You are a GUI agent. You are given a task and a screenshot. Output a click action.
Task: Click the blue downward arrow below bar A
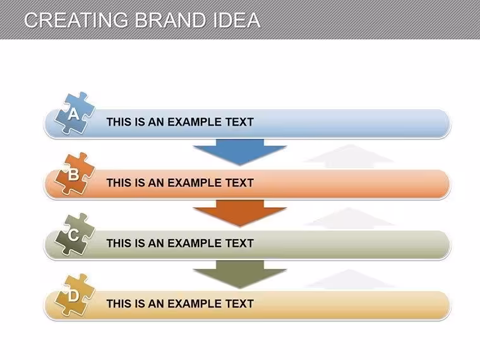coord(240,152)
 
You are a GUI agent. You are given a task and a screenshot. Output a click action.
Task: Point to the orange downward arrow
coord(240,212)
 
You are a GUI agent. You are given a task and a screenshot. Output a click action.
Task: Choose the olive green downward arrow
coord(240,273)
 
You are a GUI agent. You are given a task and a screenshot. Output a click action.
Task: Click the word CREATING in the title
coord(76,20)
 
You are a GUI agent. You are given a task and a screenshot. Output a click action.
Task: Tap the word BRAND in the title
coord(170,20)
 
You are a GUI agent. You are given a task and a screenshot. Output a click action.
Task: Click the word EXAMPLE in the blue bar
coord(195,122)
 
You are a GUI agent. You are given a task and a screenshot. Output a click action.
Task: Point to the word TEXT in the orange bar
coord(240,183)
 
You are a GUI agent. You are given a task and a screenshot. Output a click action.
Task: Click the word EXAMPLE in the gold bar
coord(195,304)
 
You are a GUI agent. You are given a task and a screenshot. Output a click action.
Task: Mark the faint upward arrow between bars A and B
coord(349,157)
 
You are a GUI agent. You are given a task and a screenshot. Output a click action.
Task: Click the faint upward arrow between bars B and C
coord(349,219)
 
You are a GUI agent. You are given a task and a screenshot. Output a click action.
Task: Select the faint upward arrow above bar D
coord(349,280)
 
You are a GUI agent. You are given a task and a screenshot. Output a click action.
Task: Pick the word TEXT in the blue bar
coord(240,122)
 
